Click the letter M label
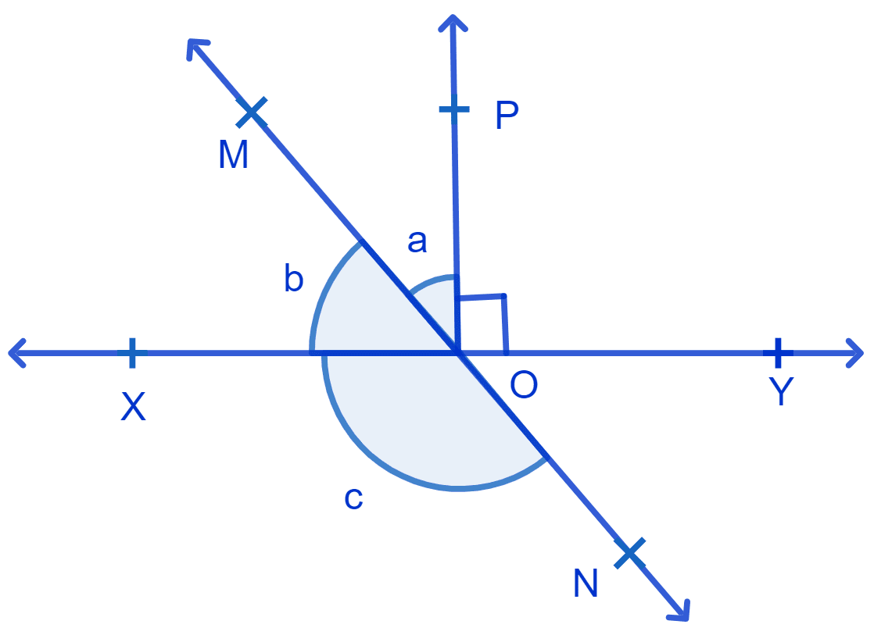tap(233, 155)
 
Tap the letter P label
tap(507, 116)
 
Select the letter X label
tap(133, 406)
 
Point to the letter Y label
tap(781, 391)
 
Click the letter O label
tap(524, 384)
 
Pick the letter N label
tap(586, 583)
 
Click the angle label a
tap(417, 242)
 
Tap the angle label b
tap(294, 278)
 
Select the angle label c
tap(354, 498)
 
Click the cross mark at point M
tap(252, 112)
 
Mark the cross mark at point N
tap(630, 553)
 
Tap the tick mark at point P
tap(454, 109)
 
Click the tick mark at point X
tap(132, 352)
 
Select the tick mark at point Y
tap(778, 352)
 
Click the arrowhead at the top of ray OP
tap(453, 23)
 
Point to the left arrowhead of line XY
tap(16, 352)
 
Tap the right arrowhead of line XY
tap(855, 352)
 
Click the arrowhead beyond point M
tap(196, 48)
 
